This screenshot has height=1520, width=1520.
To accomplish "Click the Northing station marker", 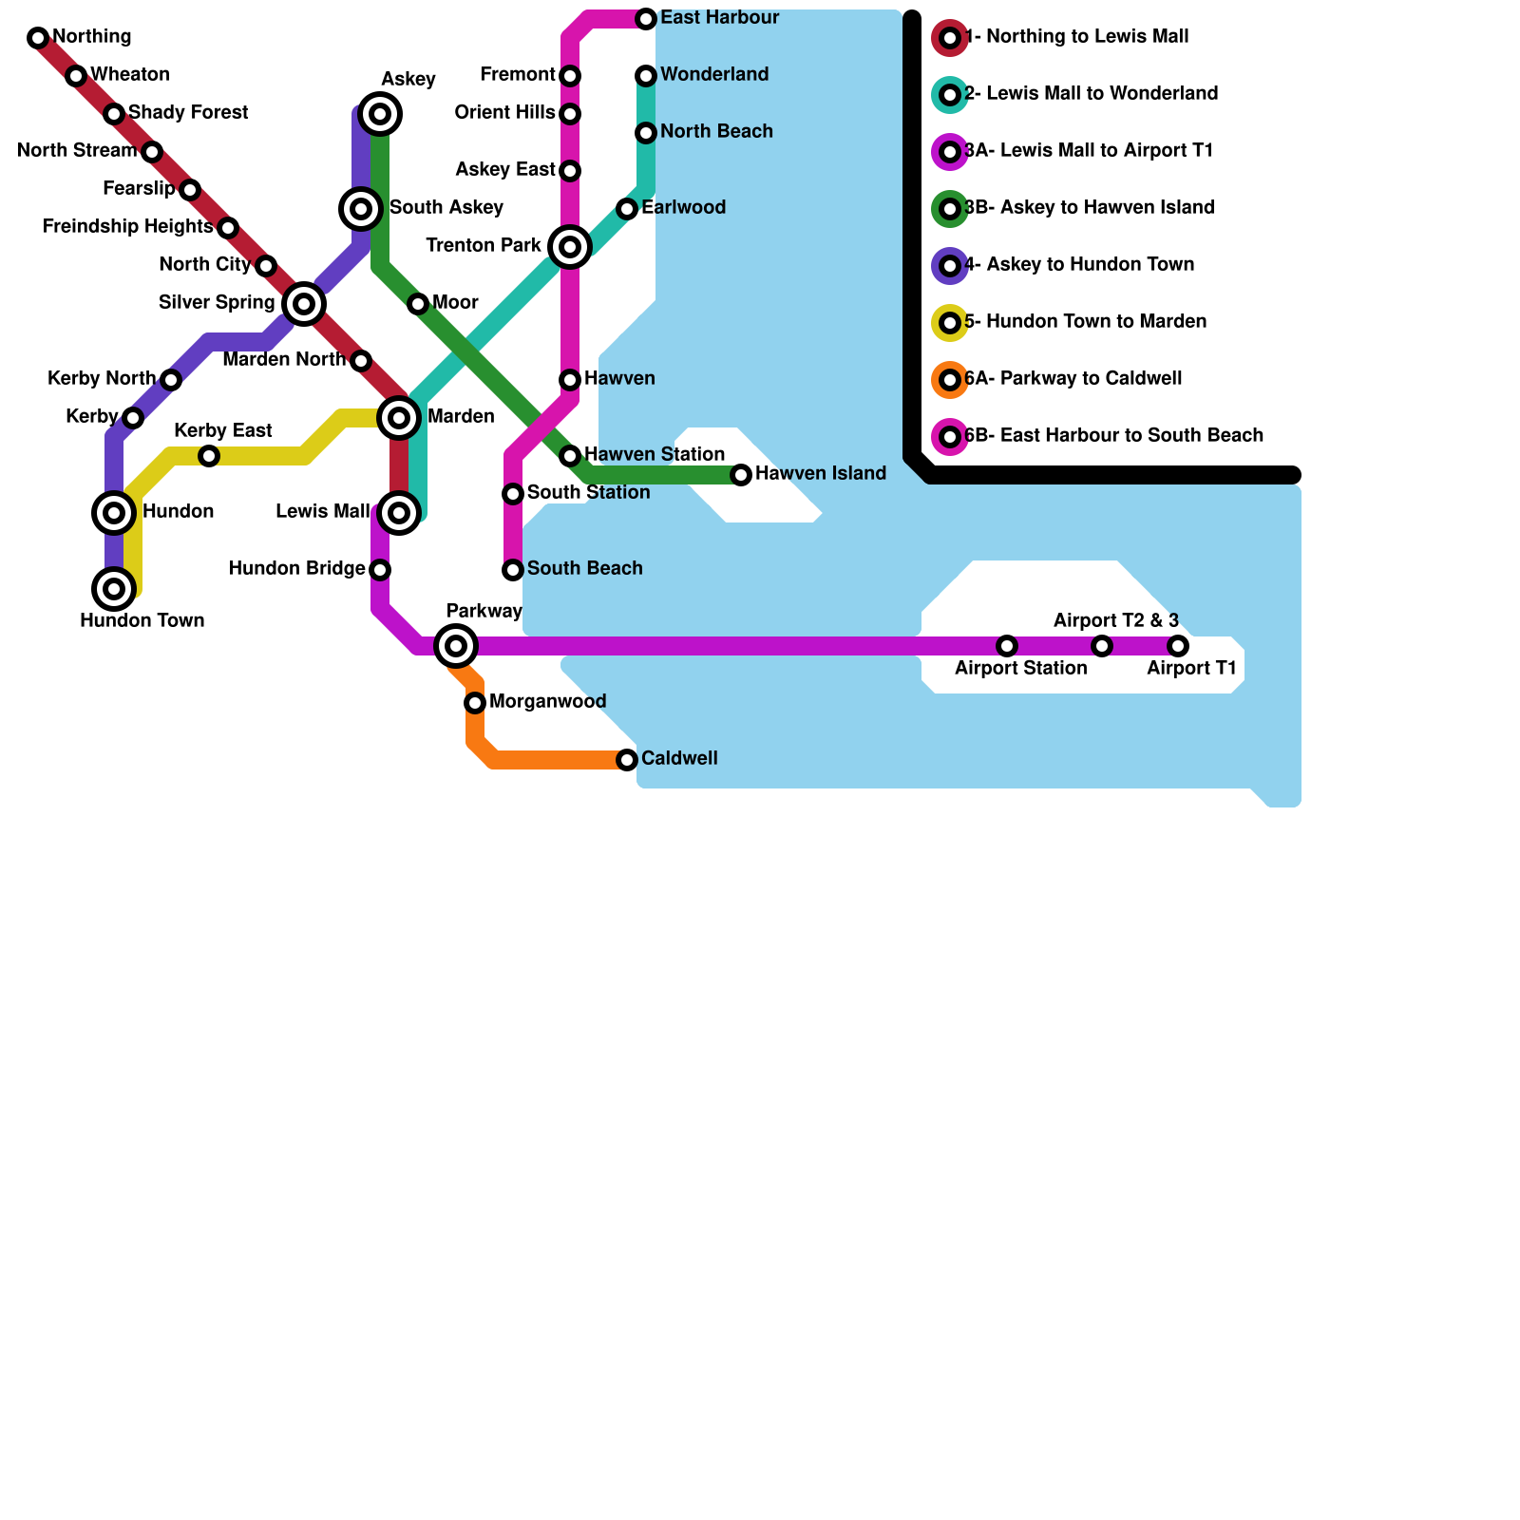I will (38, 38).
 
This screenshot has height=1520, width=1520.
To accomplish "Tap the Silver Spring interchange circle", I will (304, 304).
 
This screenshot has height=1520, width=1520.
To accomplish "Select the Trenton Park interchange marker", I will (570, 247).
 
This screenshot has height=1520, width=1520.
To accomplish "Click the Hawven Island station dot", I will (741, 475).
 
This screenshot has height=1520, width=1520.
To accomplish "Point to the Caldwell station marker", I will (627, 760).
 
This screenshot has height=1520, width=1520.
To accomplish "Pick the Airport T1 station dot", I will (1178, 646).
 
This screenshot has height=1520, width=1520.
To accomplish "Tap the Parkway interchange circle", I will (456, 646).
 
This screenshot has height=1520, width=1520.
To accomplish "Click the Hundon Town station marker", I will (114, 589).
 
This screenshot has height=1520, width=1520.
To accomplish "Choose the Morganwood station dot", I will (475, 703).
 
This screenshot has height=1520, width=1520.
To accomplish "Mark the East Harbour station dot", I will (646, 19).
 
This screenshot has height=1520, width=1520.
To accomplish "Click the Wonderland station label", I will (714, 74).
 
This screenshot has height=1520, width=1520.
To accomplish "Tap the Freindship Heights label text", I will (127, 227).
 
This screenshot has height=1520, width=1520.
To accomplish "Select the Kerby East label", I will (223, 431).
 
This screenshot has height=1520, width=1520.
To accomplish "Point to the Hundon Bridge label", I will (296, 569).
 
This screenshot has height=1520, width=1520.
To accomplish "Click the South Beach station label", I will (584, 568).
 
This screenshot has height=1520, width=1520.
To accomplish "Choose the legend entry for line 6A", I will (1073, 379).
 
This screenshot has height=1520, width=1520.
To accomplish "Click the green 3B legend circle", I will (950, 209).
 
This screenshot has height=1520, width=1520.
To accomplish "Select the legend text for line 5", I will (1085, 322).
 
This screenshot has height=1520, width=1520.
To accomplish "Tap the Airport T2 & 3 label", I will (1115, 621).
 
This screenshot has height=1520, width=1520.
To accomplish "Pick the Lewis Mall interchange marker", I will (399, 513).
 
